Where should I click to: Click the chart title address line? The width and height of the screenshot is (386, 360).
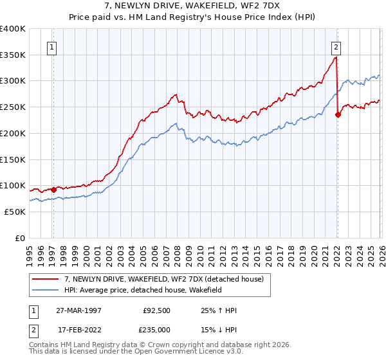[x=192, y=6]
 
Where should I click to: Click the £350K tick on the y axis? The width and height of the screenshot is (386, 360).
[x=13, y=55]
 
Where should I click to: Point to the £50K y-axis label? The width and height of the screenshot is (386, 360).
[x=13, y=212]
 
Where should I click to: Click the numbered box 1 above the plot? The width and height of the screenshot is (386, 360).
[x=51, y=46]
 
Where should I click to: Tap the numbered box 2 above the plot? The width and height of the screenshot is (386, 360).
[x=336, y=46]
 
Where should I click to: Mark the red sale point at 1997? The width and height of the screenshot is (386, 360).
[x=54, y=189]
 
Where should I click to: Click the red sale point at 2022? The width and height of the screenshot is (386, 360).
[x=338, y=115]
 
